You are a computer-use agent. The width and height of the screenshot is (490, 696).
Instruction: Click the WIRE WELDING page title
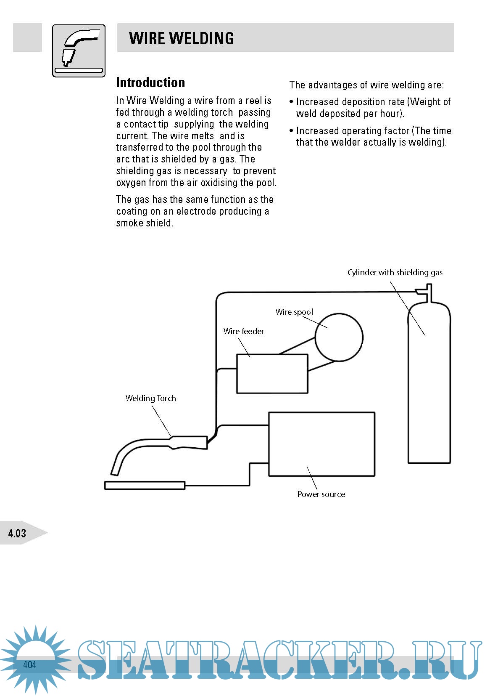tap(181, 38)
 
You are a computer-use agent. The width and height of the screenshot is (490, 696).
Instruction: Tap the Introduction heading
tap(150, 82)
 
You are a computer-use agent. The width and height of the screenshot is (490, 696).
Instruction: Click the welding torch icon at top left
tap(79, 51)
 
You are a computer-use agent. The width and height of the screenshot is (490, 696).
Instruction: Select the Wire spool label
tap(294, 312)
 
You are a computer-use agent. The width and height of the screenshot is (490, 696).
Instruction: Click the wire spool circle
tap(339, 337)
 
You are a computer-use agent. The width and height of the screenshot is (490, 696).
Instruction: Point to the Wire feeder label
tap(244, 331)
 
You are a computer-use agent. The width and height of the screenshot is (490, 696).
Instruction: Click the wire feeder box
tap(272, 374)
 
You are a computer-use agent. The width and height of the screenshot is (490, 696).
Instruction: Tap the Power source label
tap(321, 494)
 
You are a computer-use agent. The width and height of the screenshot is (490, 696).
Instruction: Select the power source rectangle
tap(321, 444)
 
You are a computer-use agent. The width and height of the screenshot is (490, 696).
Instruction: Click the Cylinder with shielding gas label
tap(395, 272)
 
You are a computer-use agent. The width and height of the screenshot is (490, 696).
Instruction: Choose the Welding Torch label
tap(150, 398)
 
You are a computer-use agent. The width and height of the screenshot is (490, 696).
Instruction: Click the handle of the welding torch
tap(189, 442)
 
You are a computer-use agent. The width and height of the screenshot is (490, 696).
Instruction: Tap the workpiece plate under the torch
tap(145, 485)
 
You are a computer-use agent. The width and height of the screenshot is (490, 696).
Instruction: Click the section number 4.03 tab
tap(18, 533)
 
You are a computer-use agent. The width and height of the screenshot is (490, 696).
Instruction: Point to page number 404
tap(29, 664)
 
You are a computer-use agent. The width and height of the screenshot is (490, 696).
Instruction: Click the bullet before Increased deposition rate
tap(291, 102)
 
